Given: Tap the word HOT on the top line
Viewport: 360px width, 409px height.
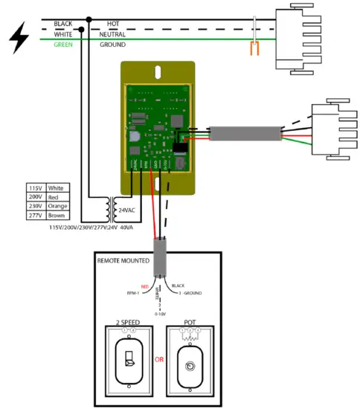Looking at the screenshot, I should [113, 24].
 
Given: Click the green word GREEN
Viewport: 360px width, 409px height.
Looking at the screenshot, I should [63, 45].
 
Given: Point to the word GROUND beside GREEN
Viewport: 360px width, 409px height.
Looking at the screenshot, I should [112, 45].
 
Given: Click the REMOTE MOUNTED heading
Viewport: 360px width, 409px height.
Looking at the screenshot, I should [123, 261].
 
